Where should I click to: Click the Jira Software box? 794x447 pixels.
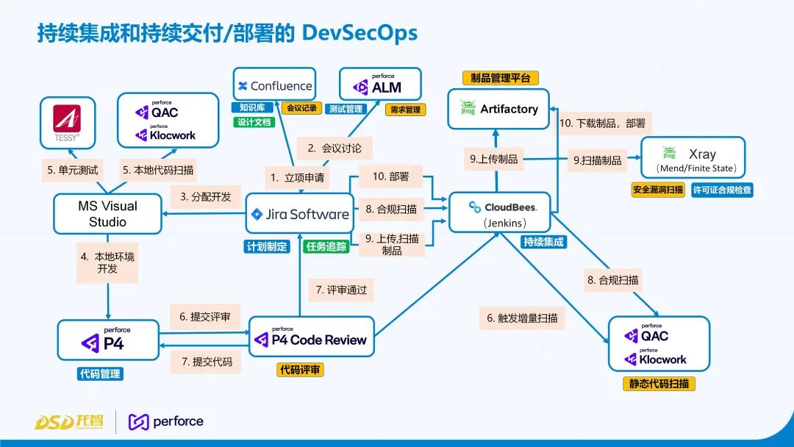pos(299,215)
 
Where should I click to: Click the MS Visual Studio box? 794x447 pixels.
pos(107,214)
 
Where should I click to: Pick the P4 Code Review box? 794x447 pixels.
pos(311,337)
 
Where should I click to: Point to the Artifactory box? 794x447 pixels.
pos(499,109)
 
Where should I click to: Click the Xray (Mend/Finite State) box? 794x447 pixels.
pos(693,157)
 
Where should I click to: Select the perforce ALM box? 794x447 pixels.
pos(380,85)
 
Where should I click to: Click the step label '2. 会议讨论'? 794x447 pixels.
pos(335,148)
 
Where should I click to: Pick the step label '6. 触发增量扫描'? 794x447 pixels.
pos(522,318)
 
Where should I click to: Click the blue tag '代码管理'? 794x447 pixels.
pos(101,373)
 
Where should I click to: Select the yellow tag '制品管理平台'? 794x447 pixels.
pos(501,78)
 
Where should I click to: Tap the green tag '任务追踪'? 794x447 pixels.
pos(326,247)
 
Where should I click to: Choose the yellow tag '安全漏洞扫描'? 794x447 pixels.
pos(658,190)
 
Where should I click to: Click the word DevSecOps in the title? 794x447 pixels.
pos(360,33)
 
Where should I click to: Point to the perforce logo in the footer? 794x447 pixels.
pos(166,421)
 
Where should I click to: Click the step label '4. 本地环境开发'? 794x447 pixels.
pos(107,262)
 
